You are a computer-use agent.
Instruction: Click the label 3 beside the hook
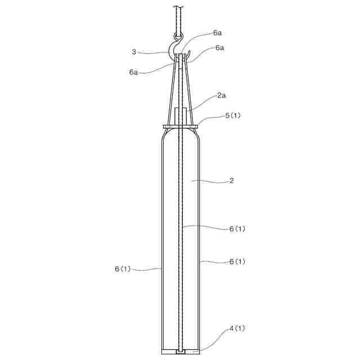134,52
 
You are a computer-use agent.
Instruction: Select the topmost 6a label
217,33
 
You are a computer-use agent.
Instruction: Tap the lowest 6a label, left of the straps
133,73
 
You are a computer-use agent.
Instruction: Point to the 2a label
221,95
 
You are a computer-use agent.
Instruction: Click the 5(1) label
233,115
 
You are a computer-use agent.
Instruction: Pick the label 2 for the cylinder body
231,181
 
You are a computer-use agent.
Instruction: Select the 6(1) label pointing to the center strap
237,229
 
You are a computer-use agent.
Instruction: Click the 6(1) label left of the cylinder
123,269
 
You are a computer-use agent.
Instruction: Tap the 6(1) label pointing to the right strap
237,262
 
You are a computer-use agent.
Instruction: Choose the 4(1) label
237,328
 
